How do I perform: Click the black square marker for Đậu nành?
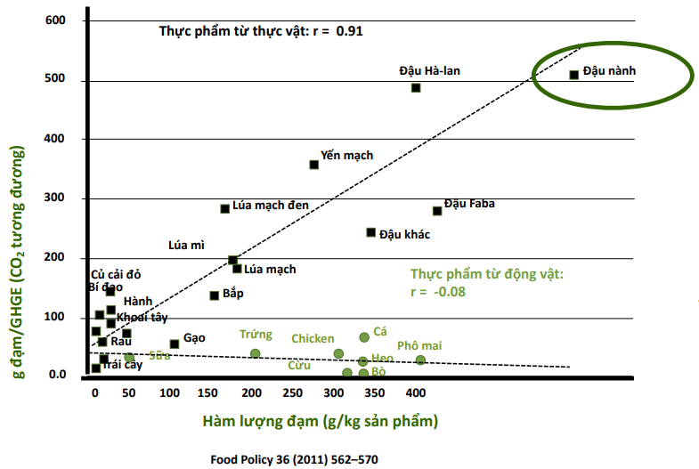point(574,75)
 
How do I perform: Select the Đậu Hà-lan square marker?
point(416,87)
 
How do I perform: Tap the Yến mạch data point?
point(314,165)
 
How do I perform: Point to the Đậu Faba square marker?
point(437,211)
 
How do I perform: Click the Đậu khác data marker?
point(371,232)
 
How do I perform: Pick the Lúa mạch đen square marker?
point(225,208)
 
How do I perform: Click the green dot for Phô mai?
point(420,360)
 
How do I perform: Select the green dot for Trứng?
point(256,353)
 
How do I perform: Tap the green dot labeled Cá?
point(364,337)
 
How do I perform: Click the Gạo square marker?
point(175,344)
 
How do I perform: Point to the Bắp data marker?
point(215,295)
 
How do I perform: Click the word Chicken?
point(313,339)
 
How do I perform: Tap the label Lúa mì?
point(187,245)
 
